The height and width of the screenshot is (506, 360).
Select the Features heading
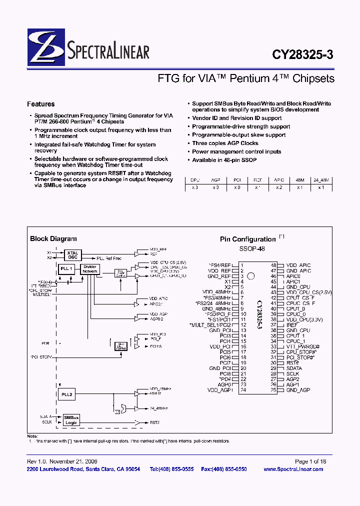pyautogui.click(x=41, y=104)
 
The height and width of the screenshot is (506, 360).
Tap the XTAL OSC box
pyautogui.click(x=73, y=255)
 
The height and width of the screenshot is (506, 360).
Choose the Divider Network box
pyautogui.click(x=90, y=269)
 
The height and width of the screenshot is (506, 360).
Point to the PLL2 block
pyautogui.click(x=66, y=394)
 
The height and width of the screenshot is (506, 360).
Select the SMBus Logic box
pyautogui.click(x=71, y=420)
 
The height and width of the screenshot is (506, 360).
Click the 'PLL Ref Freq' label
pyautogui.click(x=109, y=258)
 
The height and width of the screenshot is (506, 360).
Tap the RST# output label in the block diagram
pyautogui.click(x=154, y=422)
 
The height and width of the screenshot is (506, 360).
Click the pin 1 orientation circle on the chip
pyautogui.click(x=251, y=275)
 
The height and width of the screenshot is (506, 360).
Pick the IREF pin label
pyautogui.click(x=292, y=324)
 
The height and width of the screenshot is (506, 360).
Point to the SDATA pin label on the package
pyautogui.click(x=294, y=368)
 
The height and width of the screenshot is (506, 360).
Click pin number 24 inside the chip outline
pyautogui.click(x=243, y=390)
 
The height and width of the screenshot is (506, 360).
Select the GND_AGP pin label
pyautogui.click(x=298, y=390)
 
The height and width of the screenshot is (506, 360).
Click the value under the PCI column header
pyautogui.click(x=237, y=187)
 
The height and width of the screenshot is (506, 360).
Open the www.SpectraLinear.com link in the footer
pyautogui.click(x=293, y=469)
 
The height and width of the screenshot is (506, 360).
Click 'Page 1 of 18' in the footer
pyautogui.click(x=310, y=461)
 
